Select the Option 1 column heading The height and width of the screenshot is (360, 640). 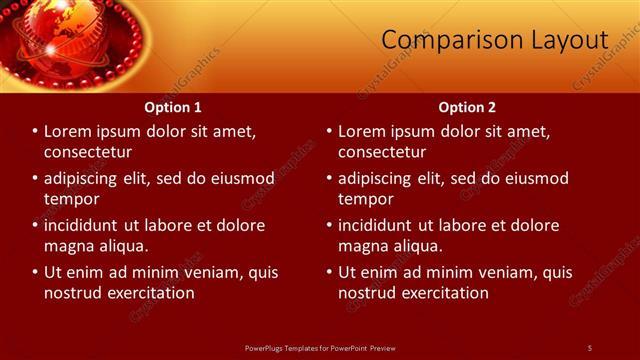coord(173,107)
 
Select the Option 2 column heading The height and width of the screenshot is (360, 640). coord(467,107)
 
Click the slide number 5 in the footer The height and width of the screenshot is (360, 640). coord(589,347)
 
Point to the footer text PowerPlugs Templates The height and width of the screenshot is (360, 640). coord(290,347)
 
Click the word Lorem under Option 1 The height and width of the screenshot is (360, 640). coord(69,131)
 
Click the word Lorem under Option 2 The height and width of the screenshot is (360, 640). coord(363,131)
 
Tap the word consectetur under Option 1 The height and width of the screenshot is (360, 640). coord(88,152)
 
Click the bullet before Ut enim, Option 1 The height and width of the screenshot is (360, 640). coord(35,272)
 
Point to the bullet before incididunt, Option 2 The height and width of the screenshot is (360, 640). coord(329,225)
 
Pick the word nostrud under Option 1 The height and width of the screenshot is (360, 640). coord(73,293)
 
